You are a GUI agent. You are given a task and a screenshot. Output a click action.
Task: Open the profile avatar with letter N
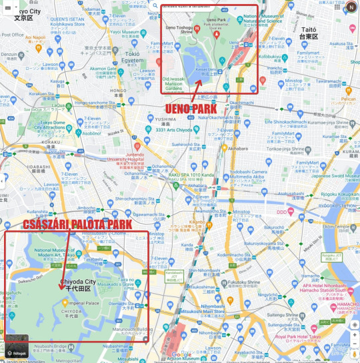[x=351, y=7]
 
